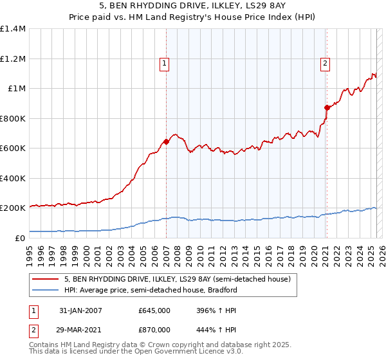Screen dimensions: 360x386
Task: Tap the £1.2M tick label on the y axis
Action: coord(12,59)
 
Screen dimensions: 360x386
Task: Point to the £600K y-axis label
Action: coord(12,148)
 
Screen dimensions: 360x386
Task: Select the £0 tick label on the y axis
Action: coord(21,238)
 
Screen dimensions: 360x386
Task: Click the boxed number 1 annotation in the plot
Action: coord(165,63)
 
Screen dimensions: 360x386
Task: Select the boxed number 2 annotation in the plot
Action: coord(326,63)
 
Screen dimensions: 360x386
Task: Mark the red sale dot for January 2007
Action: coord(166,141)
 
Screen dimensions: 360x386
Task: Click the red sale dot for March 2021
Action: coord(327,107)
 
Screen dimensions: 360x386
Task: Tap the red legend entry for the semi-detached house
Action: coord(178,280)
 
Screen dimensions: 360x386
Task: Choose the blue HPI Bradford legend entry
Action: coord(151,290)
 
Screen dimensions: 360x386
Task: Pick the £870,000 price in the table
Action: coord(154,329)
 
